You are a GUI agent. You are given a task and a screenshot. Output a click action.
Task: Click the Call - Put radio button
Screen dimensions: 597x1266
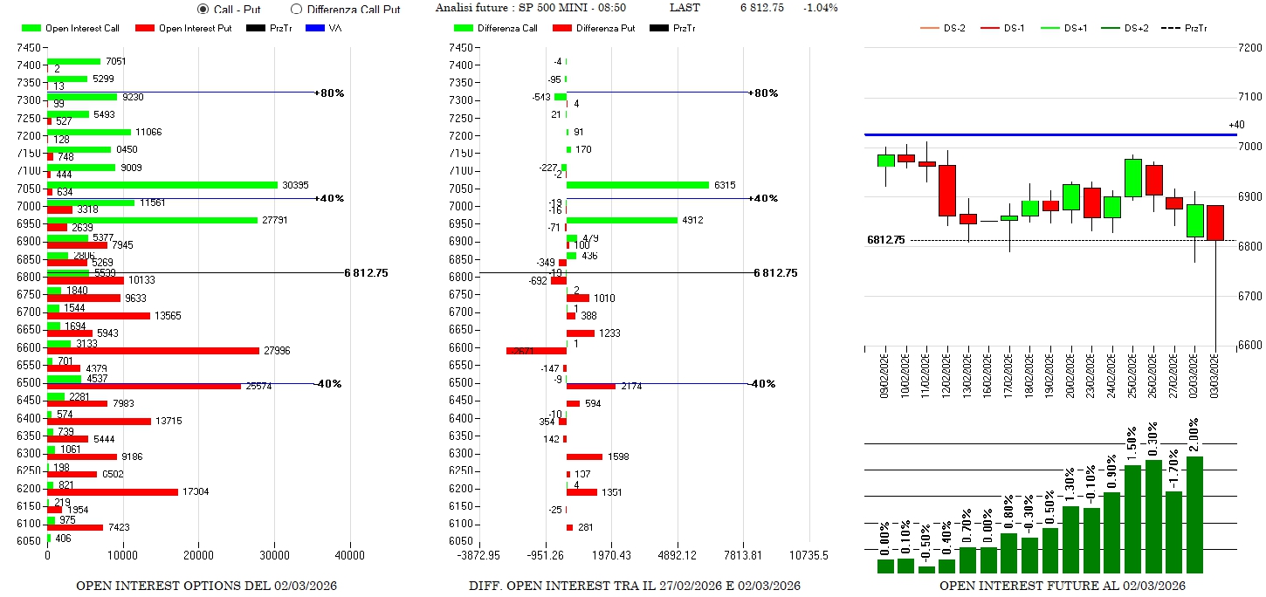click(x=203, y=9)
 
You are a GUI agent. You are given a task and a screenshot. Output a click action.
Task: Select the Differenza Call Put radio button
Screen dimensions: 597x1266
click(x=296, y=9)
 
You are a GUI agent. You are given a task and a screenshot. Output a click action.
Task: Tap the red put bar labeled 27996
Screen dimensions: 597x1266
click(x=153, y=351)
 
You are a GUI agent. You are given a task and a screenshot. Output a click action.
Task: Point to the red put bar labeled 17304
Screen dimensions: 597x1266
click(x=113, y=492)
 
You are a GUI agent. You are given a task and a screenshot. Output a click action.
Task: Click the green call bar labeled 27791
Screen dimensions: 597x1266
click(x=152, y=220)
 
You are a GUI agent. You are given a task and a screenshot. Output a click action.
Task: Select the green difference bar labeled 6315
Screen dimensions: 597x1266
click(x=637, y=185)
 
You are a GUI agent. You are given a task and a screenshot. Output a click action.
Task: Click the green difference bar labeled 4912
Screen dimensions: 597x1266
click(x=622, y=220)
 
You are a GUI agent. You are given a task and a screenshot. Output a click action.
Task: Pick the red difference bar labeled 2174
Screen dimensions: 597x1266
click(x=591, y=386)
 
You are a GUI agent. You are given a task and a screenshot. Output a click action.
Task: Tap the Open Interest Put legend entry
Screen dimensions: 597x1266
click(x=182, y=29)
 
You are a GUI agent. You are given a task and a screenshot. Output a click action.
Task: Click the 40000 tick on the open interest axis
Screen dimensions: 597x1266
click(x=350, y=555)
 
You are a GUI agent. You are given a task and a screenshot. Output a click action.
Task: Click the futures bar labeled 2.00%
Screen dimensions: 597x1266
click(x=1195, y=514)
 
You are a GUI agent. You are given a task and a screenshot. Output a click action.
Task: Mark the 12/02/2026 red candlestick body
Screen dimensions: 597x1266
click(x=947, y=190)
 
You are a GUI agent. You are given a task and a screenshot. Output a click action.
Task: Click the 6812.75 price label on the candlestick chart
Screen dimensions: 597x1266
click(x=885, y=240)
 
